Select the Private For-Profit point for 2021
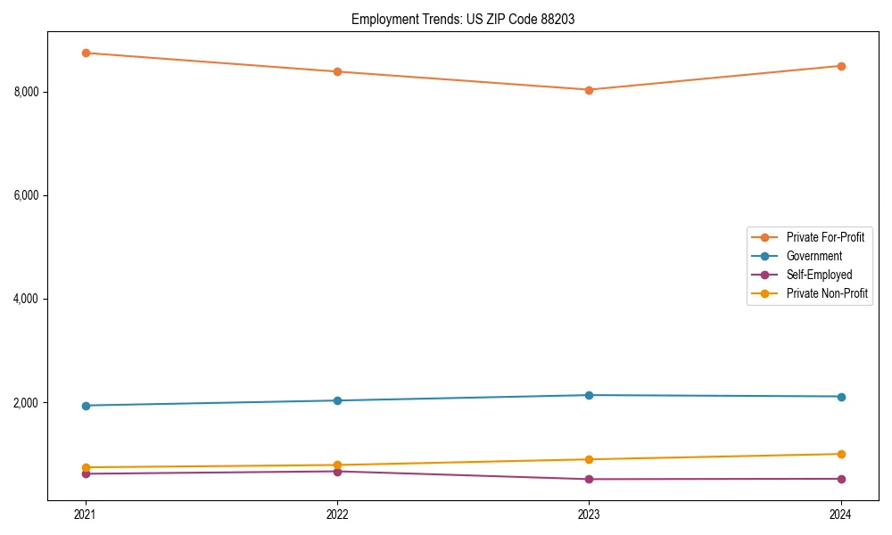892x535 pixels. tap(86, 53)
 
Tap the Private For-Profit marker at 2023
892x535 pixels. tap(589, 90)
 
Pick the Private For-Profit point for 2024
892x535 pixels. tap(840, 66)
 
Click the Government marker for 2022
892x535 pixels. tap(337, 400)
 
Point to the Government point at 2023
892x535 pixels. tap(589, 395)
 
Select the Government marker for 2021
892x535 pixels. tap(86, 406)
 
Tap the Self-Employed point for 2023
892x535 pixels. tap(589, 479)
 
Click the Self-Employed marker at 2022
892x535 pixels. tap(337, 471)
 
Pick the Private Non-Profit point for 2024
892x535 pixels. tap(840, 454)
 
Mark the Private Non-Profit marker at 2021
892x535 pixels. tap(86, 467)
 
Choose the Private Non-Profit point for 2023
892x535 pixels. tap(589, 459)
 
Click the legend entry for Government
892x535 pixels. tap(814, 256)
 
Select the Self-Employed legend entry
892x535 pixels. tap(819, 275)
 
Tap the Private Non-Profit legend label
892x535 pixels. tap(827, 293)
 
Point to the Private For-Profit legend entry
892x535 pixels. tap(825, 237)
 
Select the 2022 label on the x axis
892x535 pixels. tap(337, 514)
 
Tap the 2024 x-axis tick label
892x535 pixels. tap(840, 514)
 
